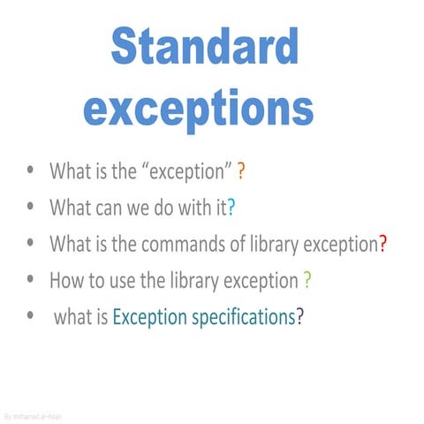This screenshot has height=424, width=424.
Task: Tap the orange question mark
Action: pyautogui.click(x=241, y=170)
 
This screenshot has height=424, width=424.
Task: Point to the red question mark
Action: pyautogui.click(x=382, y=244)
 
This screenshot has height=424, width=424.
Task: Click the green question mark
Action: pyautogui.click(x=307, y=281)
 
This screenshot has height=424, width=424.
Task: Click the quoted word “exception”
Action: pyautogui.click(x=188, y=170)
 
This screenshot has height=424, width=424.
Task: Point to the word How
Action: pyautogui.click(x=65, y=281)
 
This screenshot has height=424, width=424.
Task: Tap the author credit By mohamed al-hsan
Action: pyautogui.click(x=33, y=415)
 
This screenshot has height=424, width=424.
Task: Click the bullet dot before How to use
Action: pyautogui.click(x=33, y=280)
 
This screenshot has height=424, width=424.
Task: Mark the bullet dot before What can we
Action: pyautogui.click(x=33, y=207)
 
